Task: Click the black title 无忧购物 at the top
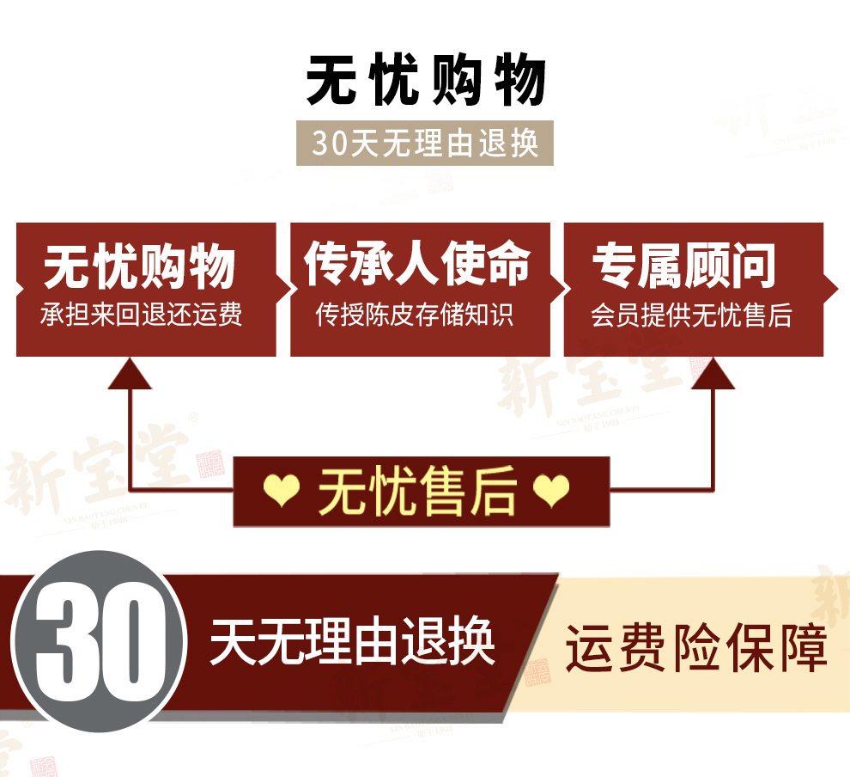click(426, 82)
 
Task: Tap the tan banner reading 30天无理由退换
click(425, 144)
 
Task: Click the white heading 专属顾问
click(684, 265)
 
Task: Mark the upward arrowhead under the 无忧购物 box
click(130, 371)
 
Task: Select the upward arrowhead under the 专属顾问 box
click(713, 371)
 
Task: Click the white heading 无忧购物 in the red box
click(140, 266)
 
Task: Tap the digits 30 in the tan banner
click(328, 144)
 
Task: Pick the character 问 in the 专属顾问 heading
click(753, 265)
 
